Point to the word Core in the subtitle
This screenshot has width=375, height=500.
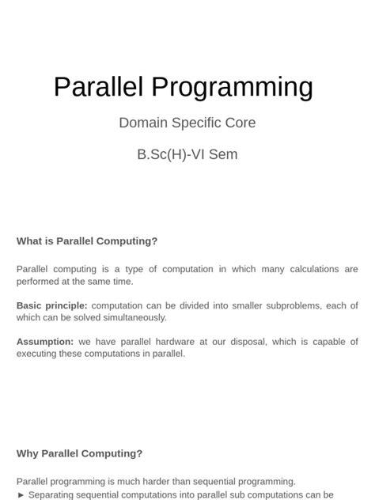click(241, 123)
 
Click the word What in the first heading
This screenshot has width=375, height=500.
click(30, 241)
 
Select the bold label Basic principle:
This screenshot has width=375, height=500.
click(51, 305)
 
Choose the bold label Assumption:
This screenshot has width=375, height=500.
click(45, 342)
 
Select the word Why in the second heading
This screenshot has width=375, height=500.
click(28, 453)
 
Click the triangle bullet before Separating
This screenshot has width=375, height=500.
click(21, 494)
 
